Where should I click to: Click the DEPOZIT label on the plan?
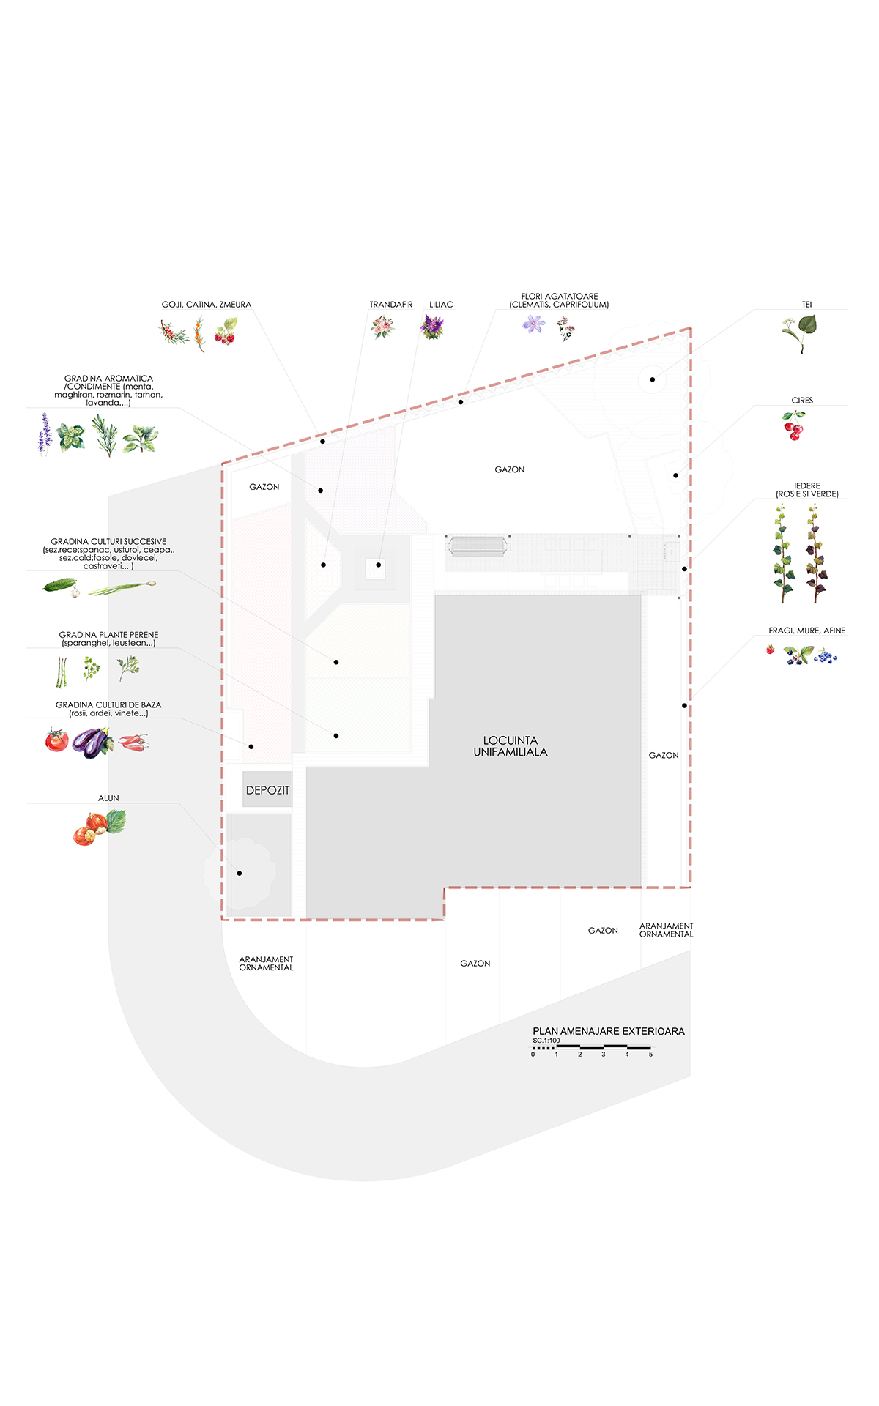click(267, 790)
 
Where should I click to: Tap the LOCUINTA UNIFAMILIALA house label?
click(511, 746)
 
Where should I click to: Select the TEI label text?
click(806, 305)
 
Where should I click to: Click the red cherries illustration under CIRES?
click(793, 425)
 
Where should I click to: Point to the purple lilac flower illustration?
click(432, 327)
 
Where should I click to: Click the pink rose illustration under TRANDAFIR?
click(382, 327)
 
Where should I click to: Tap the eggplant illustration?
click(92, 743)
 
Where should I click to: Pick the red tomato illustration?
click(56, 740)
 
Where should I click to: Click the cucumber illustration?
click(61, 585)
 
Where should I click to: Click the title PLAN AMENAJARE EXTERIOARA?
click(609, 1031)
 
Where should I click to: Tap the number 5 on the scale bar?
click(650, 1054)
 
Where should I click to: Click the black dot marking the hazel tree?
click(240, 873)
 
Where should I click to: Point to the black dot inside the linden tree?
click(652, 379)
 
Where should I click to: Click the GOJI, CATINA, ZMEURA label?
click(207, 305)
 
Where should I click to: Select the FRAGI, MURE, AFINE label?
click(807, 631)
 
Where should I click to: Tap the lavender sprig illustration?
click(45, 434)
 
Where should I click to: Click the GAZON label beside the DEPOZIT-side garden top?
click(264, 487)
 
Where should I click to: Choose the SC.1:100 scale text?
click(546, 1041)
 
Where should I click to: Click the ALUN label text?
click(108, 798)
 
